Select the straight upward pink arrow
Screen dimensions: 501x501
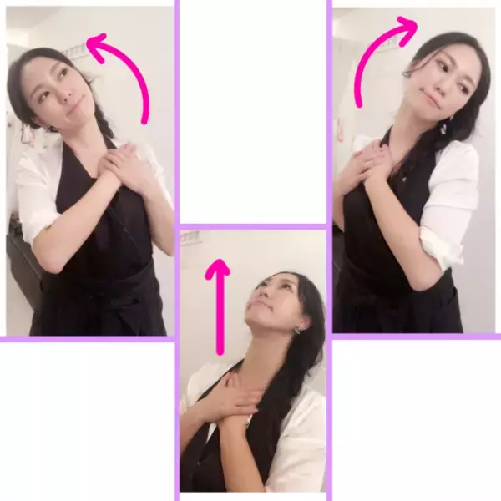[219, 309]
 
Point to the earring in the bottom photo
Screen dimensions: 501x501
[297, 331]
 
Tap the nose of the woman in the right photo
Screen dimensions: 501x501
[428, 83]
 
